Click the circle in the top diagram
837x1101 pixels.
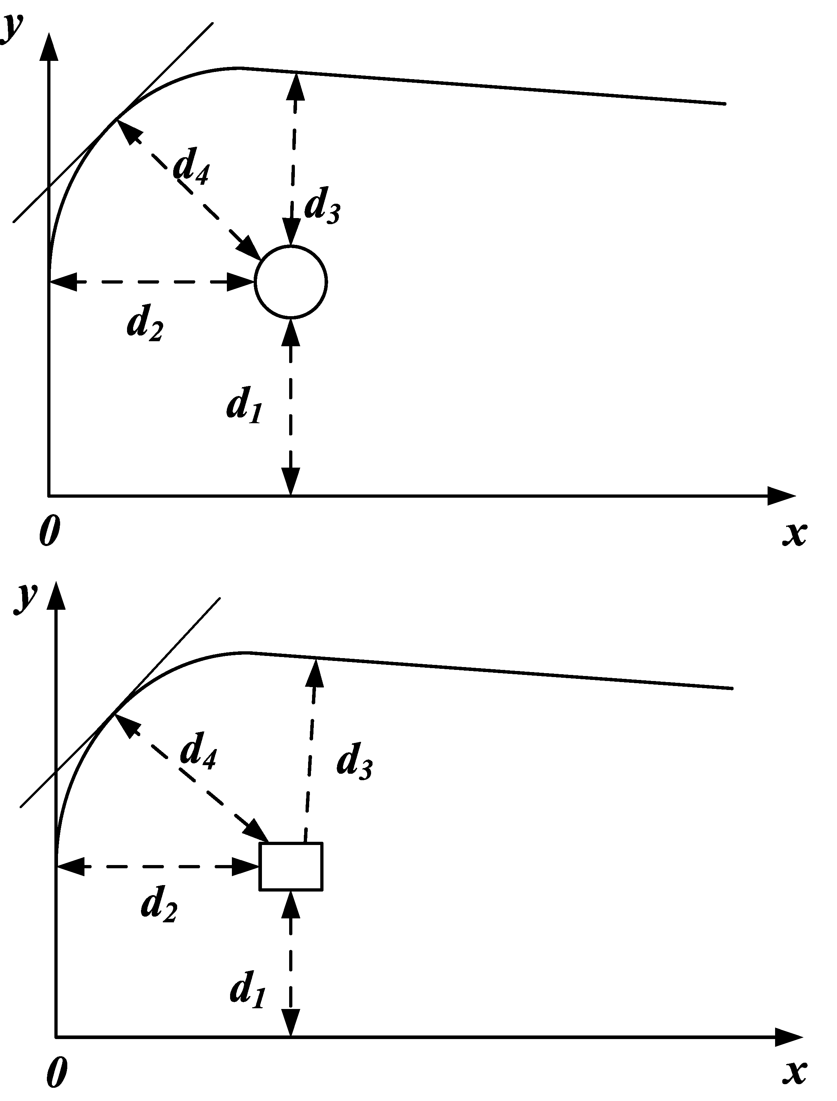point(291,282)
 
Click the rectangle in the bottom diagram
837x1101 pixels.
point(291,866)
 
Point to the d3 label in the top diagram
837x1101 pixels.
point(322,206)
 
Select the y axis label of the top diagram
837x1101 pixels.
point(11,29)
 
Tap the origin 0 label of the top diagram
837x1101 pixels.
point(49,531)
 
